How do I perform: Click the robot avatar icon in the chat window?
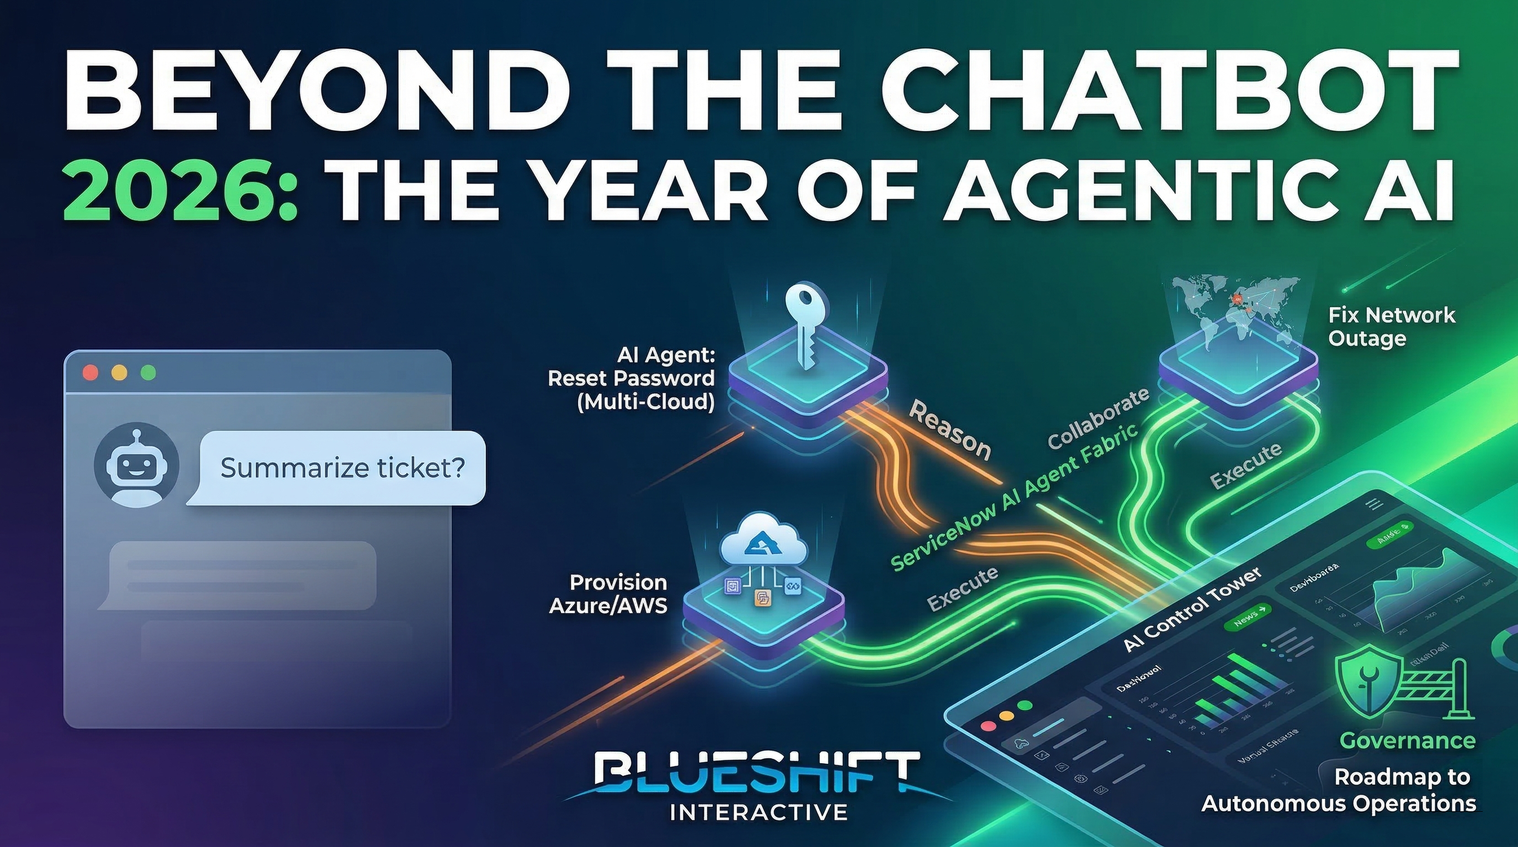[x=136, y=464]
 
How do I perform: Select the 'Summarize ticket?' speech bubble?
[x=342, y=468]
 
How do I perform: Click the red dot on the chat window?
[x=90, y=372]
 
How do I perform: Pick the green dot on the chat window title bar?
[x=148, y=372]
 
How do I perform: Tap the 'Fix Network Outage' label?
[x=1390, y=327]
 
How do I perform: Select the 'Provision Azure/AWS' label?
[x=608, y=594]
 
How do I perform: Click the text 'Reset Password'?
[x=631, y=378]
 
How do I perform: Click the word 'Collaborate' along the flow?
[x=1098, y=418]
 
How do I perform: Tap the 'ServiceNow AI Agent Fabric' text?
[x=1013, y=498]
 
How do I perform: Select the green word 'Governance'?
[x=1407, y=741]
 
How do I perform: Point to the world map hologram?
[x=1236, y=310]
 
